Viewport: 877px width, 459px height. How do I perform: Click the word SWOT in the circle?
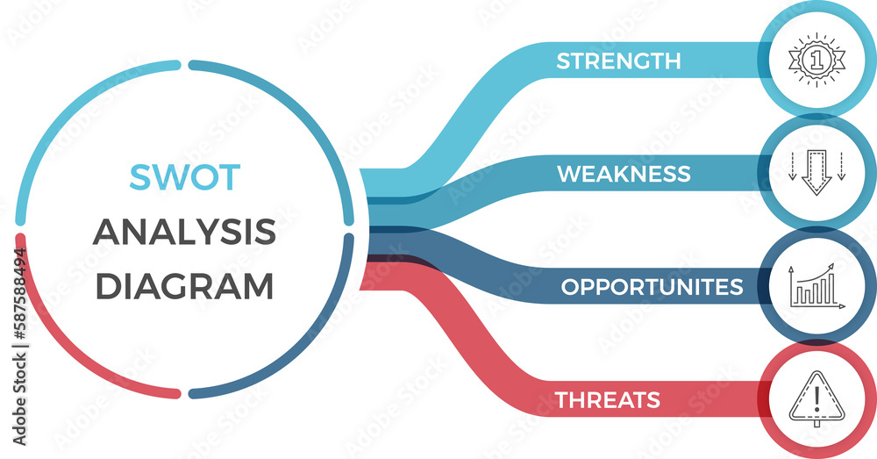point(184,177)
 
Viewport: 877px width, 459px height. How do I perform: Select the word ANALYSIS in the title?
point(184,233)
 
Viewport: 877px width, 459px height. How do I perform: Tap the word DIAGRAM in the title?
point(184,287)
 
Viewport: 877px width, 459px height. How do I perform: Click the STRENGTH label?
point(618,61)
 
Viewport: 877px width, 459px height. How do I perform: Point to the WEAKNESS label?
point(624,174)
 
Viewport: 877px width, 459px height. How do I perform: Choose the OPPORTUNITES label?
point(652,287)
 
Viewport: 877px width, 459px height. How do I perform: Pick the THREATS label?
point(607,400)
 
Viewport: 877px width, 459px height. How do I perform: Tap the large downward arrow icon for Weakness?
point(816,172)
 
